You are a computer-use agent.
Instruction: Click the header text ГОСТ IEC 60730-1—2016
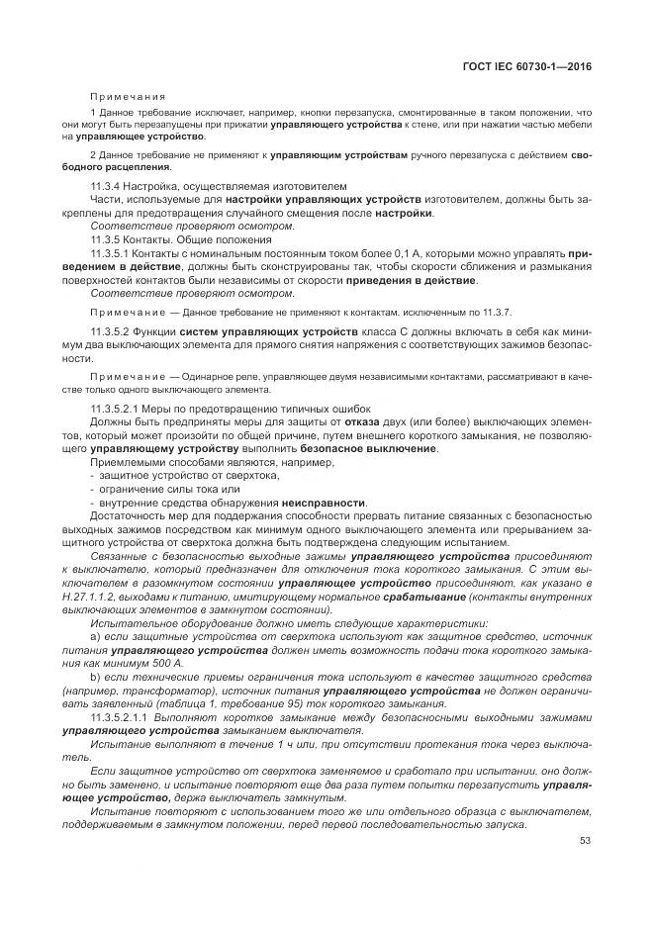[x=533, y=68]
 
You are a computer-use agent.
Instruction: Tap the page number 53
[x=585, y=841]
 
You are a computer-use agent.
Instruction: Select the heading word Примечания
[x=128, y=97]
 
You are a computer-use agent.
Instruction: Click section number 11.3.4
[x=108, y=185]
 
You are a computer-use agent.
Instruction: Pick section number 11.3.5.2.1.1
[x=124, y=715]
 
